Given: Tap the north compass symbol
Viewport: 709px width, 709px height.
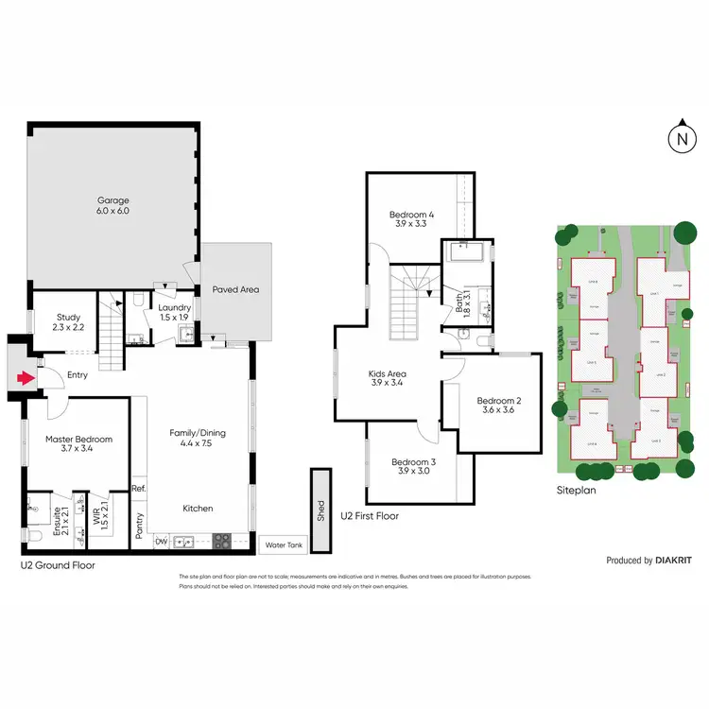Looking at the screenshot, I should coord(681,139).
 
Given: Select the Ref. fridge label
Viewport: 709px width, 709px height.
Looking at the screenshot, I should coord(138,488).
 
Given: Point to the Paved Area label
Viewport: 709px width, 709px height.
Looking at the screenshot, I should coord(235,289).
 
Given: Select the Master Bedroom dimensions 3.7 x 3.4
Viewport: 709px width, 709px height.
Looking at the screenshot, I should coord(78,448).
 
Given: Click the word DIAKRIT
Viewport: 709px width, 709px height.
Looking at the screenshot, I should coord(673,561).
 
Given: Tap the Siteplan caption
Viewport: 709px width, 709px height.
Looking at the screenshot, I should coord(576,491).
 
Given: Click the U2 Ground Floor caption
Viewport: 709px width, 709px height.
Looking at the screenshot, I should coord(58,564).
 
